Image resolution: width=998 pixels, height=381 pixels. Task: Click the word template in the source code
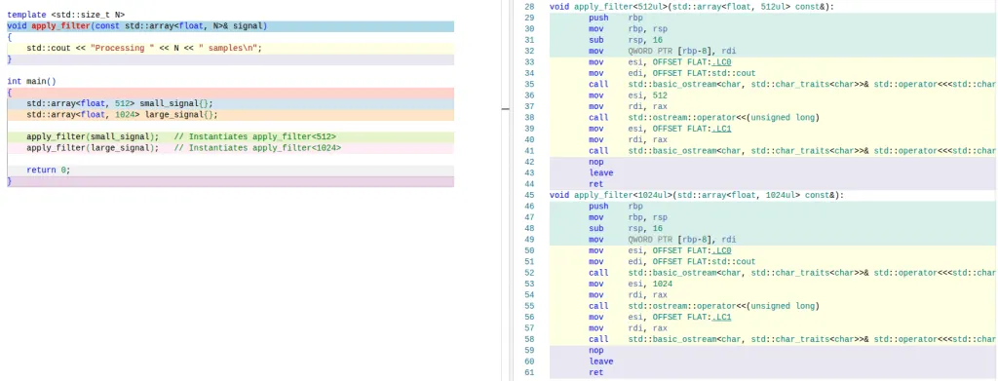point(26,15)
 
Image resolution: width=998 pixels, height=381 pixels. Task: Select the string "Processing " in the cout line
point(123,48)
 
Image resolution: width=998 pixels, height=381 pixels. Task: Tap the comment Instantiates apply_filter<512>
point(255,136)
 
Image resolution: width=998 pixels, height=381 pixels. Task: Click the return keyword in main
point(41,171)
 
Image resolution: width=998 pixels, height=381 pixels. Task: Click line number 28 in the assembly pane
point(529,7)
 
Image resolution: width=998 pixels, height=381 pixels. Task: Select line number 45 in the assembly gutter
point(529,195)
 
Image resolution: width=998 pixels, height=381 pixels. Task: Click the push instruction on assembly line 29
point(598,18)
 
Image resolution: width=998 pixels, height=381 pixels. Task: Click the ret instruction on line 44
point(595,184)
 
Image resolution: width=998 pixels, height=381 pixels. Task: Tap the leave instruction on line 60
point(600,362)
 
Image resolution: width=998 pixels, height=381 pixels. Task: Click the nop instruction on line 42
point(595,162)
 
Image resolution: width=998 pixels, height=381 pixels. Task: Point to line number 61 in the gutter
point(529,372)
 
